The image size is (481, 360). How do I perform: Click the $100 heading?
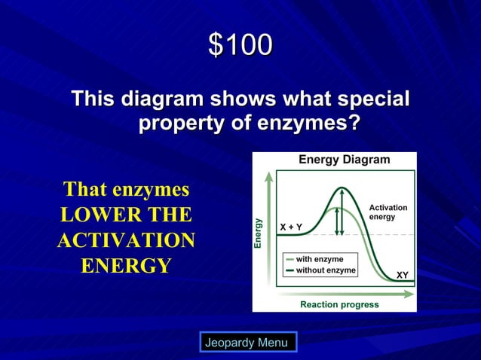point(240,47)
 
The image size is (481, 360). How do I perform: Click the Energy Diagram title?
point(344,160)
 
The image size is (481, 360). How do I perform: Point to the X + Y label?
point(291,227)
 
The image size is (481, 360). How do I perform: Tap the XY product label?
point(403,275)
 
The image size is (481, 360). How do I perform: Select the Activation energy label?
point(388,212)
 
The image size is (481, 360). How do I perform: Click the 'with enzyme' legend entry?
point(319,259)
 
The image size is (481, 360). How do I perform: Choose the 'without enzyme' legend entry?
point(325,270)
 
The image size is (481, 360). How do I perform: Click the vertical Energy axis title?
point(258,233)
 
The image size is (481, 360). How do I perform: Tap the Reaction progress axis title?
point(339,304)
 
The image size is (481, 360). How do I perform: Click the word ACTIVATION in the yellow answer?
point(126,241)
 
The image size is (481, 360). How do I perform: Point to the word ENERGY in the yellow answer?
point(126,266)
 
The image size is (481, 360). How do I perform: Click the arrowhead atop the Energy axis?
point(268,175)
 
